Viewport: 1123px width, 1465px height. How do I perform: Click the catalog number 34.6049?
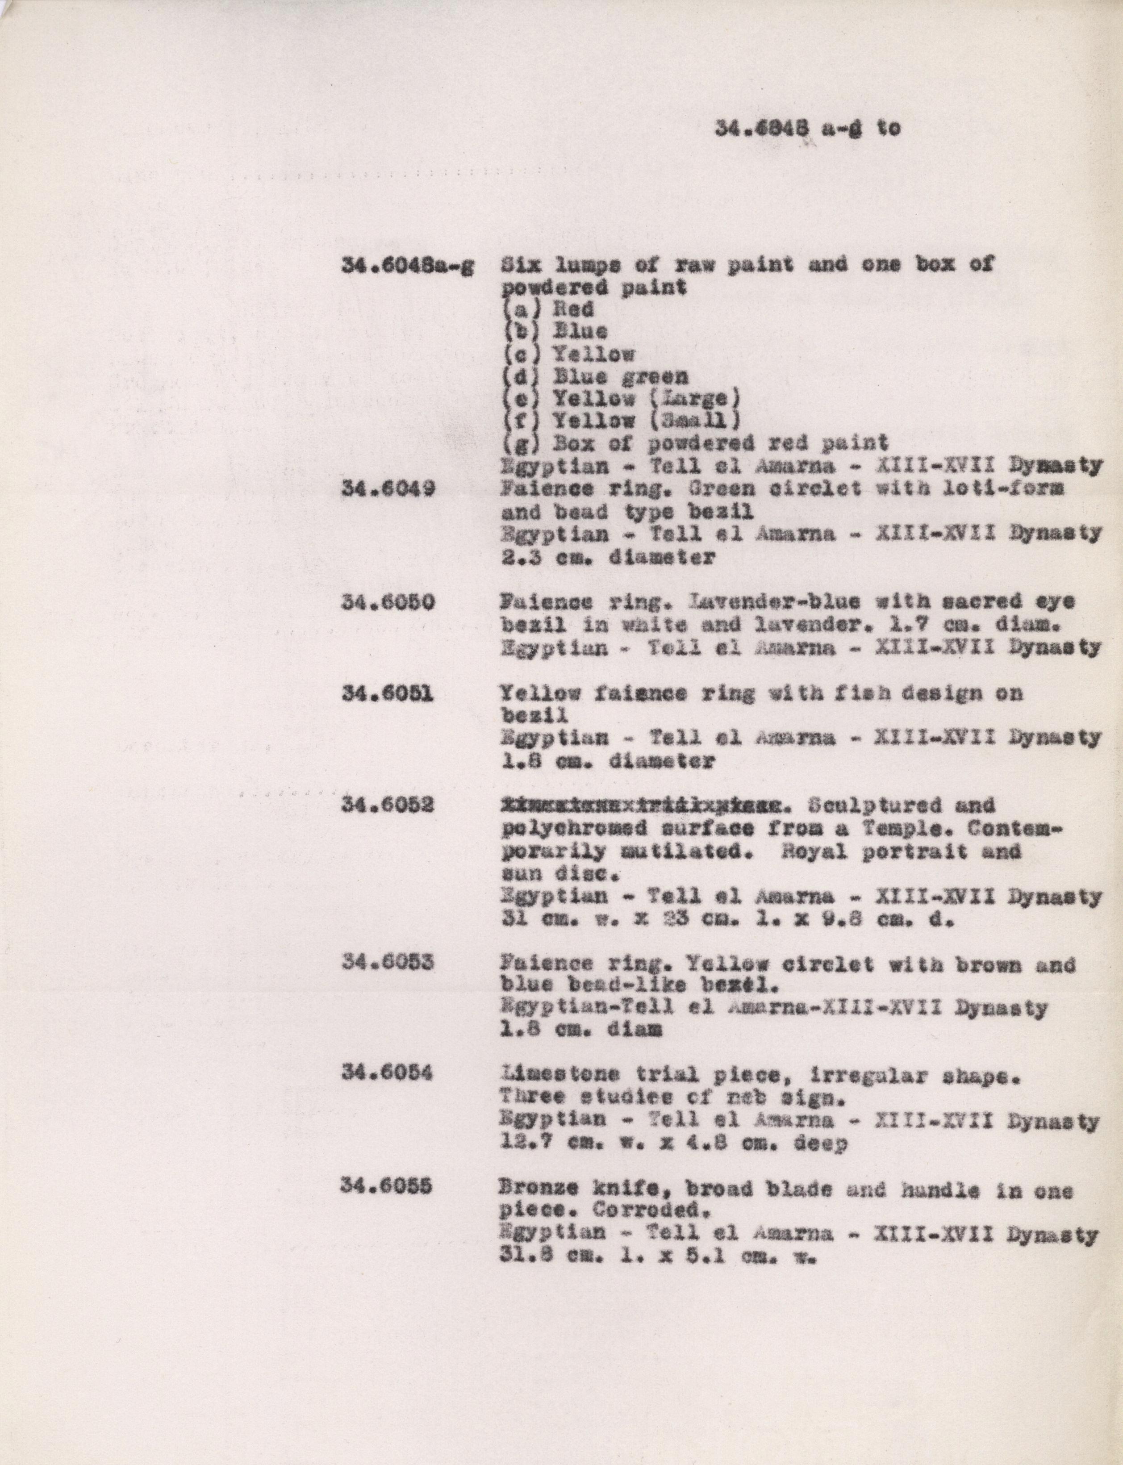coord(388,489)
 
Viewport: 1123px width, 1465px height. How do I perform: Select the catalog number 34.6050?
coord(388,603)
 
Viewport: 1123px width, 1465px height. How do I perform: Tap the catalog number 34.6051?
coord(388,694)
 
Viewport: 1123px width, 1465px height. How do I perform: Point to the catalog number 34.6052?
coord(388,806)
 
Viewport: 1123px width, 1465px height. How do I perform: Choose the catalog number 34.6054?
coord(388,1074)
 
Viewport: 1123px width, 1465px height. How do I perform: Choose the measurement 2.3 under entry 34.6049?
coord(518,557)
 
